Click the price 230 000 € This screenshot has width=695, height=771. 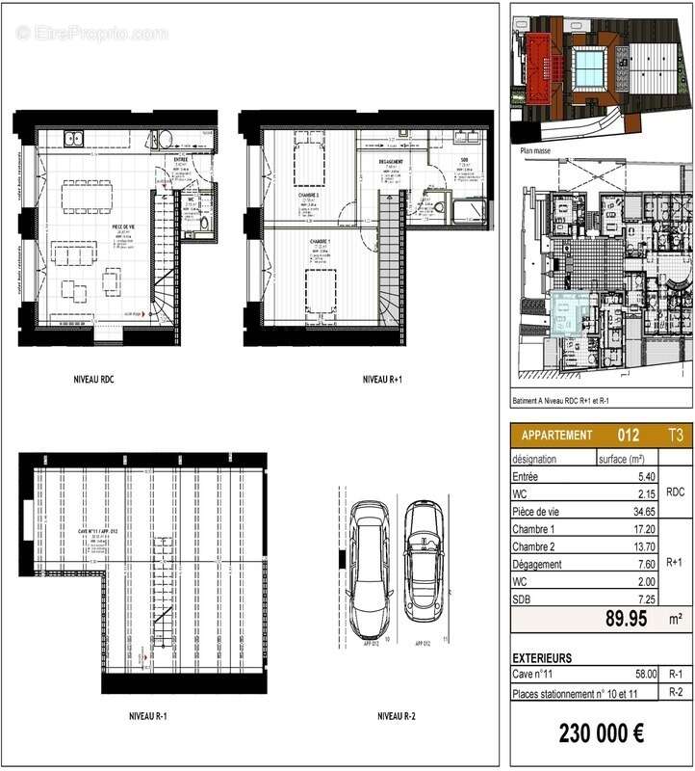point(602,732)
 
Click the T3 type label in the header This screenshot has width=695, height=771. point(677,435)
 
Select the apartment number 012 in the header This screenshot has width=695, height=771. point(628,435)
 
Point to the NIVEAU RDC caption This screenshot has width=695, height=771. point(100,381)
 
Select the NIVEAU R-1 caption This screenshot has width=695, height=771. point(147,716)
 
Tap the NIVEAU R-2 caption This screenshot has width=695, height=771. point(395,716)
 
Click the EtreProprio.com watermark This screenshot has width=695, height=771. point(91,33)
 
